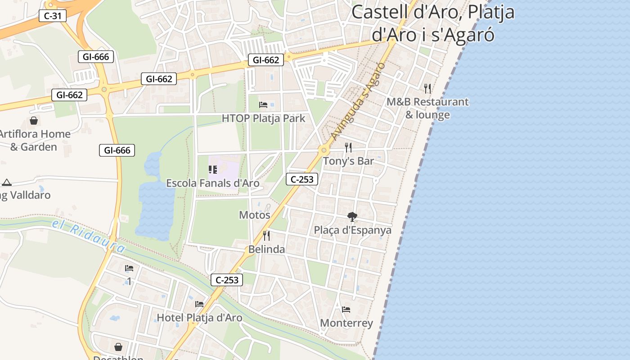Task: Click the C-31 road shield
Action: pos(53,16)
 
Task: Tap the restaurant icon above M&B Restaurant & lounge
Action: pos(427,88)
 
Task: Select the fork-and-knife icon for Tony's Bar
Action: pos(348,147)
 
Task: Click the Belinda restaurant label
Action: pos(266,249)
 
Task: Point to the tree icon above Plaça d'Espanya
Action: pos(352,217)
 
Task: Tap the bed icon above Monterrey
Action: pos(346,310)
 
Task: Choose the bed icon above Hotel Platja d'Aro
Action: pos(199,304)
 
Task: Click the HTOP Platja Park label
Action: pos(263,118)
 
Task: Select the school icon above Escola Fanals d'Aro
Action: pos(212,170)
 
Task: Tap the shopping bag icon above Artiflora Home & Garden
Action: pos(34,121)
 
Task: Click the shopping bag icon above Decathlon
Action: pos(118,347)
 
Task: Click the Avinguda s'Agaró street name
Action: pos(358,101)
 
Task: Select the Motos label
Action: pos(254,215)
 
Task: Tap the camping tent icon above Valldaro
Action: pos(6,182)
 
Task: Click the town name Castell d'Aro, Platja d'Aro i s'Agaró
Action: pos(432,23)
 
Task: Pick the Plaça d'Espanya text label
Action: pos(352,230)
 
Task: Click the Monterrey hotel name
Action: pos(346,323)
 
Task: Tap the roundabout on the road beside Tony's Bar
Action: pos(324,150)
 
